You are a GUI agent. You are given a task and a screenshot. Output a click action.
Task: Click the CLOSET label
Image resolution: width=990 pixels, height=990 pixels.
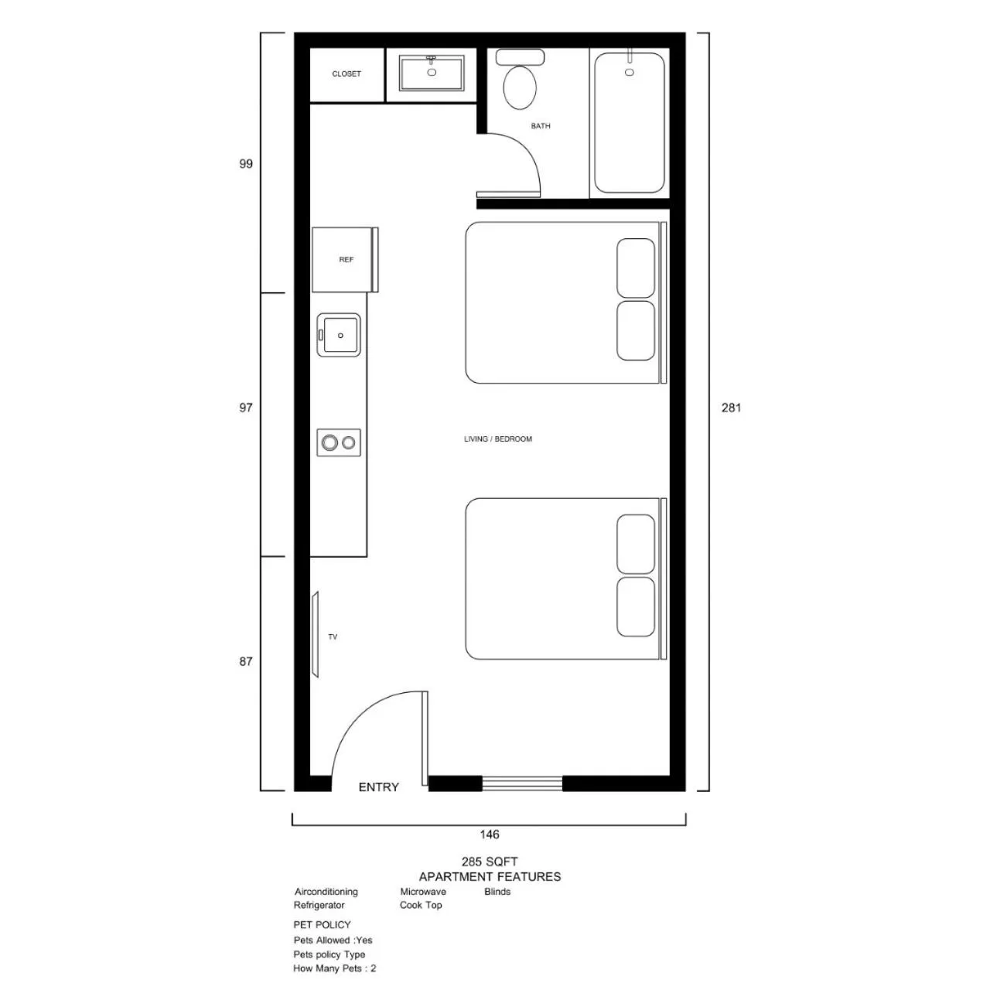point(346,74)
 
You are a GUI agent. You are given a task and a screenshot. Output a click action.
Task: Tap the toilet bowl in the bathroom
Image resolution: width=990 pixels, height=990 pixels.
point(520,87)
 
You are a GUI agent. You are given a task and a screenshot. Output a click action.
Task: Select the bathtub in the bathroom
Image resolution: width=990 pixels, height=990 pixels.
point(629,123)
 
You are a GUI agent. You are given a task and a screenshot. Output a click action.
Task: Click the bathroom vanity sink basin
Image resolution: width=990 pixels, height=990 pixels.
point(432,73)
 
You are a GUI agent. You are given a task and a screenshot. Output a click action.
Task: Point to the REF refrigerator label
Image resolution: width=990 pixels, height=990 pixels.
point(346,259)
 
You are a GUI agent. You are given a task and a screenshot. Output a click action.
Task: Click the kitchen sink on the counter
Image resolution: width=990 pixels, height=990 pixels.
point(339,335)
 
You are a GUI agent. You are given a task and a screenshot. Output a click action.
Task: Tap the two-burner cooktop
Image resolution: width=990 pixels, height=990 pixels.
point(339,442)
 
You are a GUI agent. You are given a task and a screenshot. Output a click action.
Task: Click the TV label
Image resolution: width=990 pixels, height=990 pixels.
point(333,637)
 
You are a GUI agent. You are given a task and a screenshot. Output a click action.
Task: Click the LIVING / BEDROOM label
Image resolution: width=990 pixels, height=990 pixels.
point(498,439)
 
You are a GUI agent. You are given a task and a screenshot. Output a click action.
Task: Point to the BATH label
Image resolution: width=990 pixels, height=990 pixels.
point(541,126)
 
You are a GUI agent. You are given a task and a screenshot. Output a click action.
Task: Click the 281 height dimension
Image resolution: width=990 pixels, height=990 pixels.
point(731,408)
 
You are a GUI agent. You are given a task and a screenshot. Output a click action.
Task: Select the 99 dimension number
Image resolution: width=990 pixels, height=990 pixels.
point(246,164)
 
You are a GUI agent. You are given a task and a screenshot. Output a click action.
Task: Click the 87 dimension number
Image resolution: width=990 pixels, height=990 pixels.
point(246,661)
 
